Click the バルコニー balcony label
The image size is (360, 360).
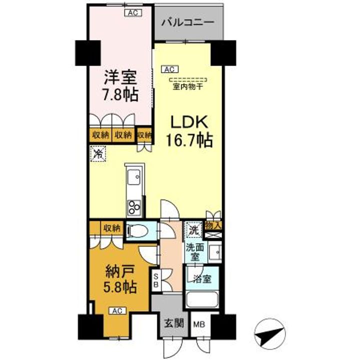coord(188,22)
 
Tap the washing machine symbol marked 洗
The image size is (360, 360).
coord(193,230)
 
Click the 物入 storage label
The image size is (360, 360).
coord(213,226)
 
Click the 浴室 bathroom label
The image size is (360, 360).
coord(202,278)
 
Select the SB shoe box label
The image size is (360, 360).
coord(156,279)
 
